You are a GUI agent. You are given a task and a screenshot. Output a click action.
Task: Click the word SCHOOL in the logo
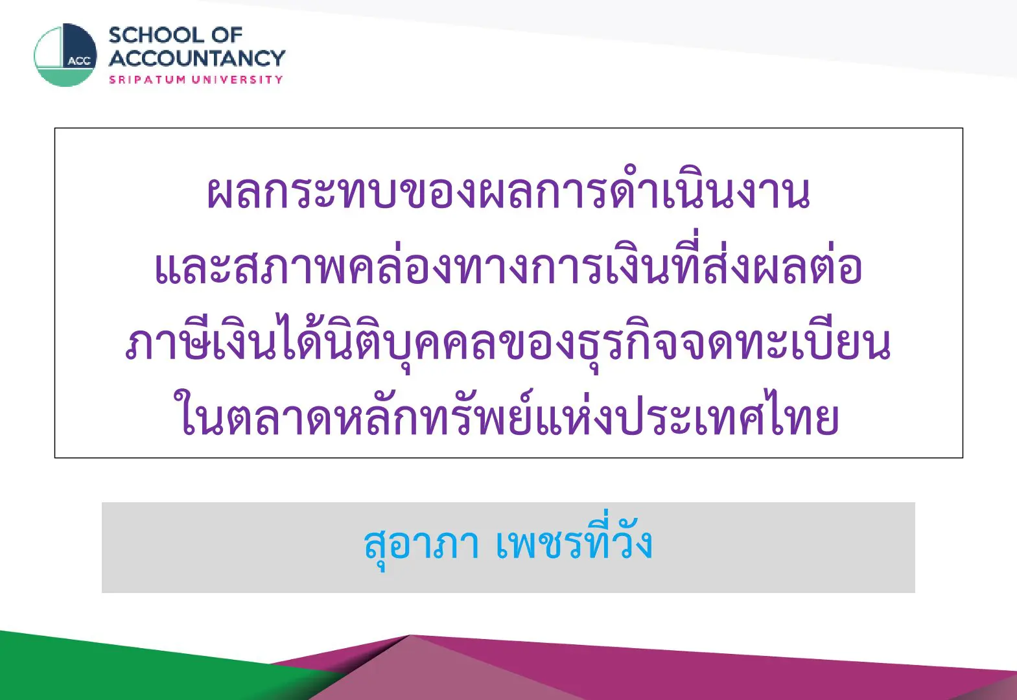click(156, 36)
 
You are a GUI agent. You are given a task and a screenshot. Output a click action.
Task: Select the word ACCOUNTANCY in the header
click(197, 58)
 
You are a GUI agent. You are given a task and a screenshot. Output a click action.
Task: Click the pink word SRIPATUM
click(148, 80)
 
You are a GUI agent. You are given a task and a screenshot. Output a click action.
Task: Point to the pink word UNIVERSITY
click(237, 80)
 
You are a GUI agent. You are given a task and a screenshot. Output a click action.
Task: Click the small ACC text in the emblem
click(80, 61)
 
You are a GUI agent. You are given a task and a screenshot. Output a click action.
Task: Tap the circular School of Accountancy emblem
click(65, 55)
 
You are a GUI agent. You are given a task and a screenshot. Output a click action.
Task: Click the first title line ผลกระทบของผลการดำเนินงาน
click(508, 192)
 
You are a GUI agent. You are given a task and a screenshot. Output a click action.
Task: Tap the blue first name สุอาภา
click(421, 544)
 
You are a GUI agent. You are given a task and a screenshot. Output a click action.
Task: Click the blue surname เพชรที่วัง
click(574, 539)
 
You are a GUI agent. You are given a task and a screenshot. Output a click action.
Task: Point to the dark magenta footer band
click(772, 672)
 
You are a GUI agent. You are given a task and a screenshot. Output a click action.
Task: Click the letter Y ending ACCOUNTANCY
click(277, 58)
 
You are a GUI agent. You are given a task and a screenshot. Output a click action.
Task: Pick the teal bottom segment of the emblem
click(65, 77)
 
